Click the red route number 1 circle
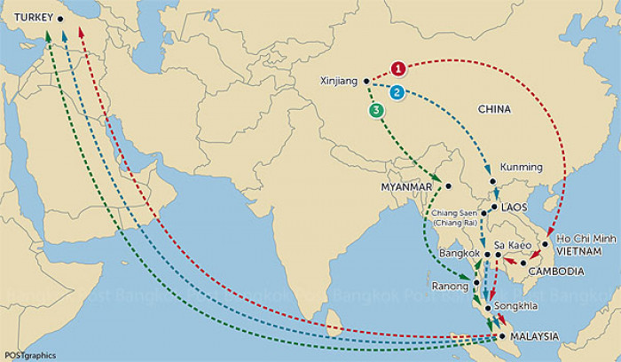(399, 68)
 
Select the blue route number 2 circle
(397, 91)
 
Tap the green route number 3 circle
(378, 111)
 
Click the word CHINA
(495, 110)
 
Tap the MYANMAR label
(406, 187)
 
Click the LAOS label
(514, 207)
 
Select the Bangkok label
(460, 254)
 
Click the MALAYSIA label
(535, 336)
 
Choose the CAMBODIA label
(556, 271)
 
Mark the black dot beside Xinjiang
(366, 81)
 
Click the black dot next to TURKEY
(60, 19)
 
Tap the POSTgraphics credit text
(30, 355)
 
